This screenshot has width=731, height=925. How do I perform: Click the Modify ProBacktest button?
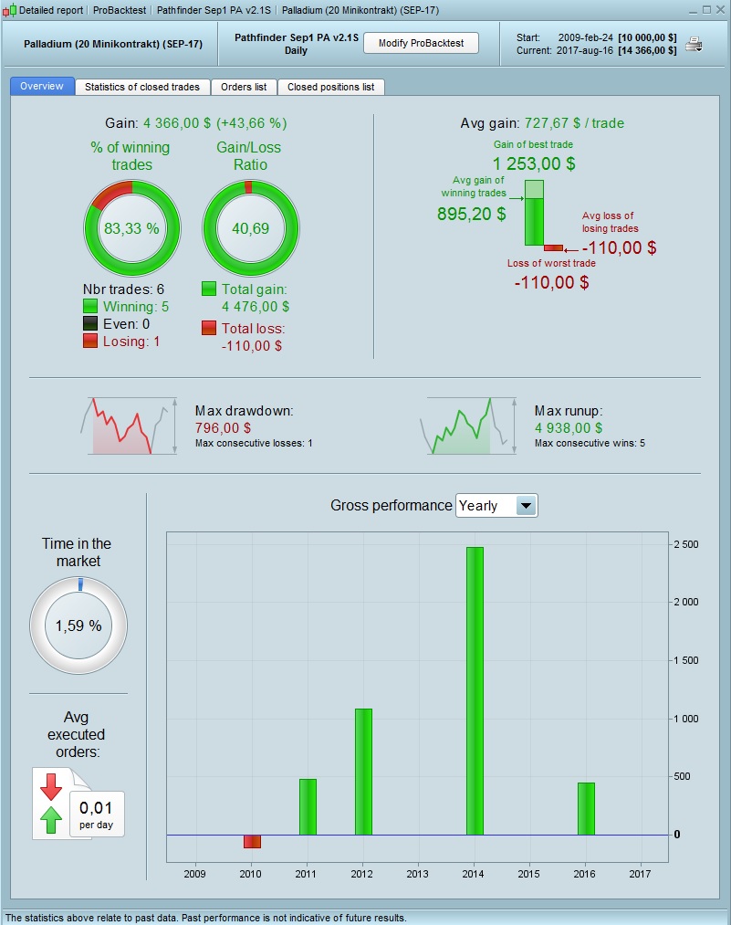(421, 43)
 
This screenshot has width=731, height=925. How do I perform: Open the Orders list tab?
(244, 87)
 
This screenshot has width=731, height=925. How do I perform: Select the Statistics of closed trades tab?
(142, 87)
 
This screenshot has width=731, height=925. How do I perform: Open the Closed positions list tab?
(330, 87)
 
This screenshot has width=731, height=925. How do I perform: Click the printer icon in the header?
(694, 44)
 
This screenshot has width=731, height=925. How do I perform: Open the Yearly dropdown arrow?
(527, 506)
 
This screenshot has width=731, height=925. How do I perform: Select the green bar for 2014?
(475, 690)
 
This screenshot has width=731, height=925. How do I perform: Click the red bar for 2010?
(252, 841)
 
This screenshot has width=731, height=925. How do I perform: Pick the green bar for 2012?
(363, 772)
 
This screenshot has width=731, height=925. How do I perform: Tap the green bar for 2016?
(586, 808)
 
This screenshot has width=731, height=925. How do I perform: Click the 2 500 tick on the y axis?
(684, 545)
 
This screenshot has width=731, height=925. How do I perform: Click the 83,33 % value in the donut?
(131, 228)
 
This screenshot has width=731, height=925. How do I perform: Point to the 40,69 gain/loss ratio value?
(250, 228)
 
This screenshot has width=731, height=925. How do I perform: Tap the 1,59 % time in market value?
(78, 626)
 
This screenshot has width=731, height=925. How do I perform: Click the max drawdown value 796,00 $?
(224, 427)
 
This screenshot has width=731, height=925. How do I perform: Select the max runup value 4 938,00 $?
(569, 427)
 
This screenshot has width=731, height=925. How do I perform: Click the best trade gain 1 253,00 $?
(534, 164)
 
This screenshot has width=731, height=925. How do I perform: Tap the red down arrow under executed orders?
(50, 785)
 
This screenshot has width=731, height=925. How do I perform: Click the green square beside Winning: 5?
(90, 307)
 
